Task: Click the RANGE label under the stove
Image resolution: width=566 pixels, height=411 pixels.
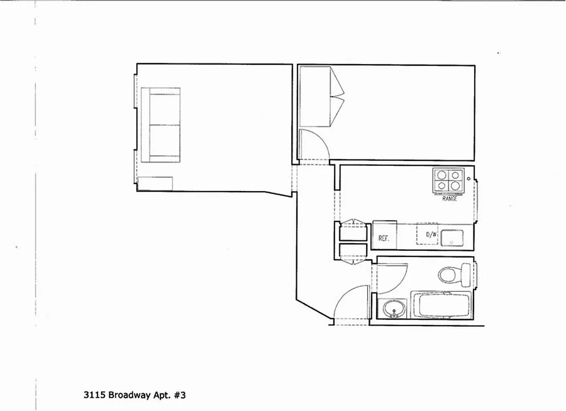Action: tap(449, 198)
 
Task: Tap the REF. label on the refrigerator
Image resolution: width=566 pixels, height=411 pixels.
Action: tap(383, 238)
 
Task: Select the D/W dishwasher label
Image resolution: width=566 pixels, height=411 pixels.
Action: tap(431, 235)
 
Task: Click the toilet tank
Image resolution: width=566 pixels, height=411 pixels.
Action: tap(466, 275)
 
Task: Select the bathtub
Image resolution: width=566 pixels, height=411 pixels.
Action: tap(441, 305)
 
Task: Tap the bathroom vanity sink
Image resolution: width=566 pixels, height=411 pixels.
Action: tap(394, 309)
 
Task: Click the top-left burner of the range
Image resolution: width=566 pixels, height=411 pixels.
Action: tap(442, 175)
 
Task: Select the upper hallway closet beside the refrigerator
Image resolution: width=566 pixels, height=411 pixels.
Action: tap(353, 233)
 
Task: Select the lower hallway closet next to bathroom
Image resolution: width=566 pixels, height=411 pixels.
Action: tap(353, 252)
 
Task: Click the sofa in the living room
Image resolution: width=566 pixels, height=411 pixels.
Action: tap(160, 125)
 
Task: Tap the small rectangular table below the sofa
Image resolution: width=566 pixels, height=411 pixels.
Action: tap(155, 183)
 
